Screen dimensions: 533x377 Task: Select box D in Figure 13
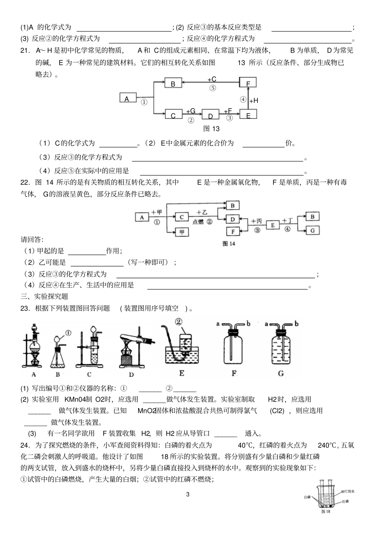click(210, 115)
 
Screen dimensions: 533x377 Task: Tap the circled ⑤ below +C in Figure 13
click(213, 88)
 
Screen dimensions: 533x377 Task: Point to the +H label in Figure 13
click(254, 101)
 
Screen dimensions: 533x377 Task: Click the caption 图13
click(211, 129)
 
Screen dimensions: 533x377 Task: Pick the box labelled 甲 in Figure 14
click(182, 232)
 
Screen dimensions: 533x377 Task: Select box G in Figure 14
click(312, 230)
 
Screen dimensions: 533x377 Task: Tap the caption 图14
click(229, 244)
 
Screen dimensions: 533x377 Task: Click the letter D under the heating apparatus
click(131, 374)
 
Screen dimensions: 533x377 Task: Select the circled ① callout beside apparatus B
click(68, 333)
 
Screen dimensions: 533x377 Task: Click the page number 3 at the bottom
click(188, 494)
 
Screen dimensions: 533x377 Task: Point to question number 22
click(25, 182)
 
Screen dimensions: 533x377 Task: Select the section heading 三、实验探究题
click(44, 297)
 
